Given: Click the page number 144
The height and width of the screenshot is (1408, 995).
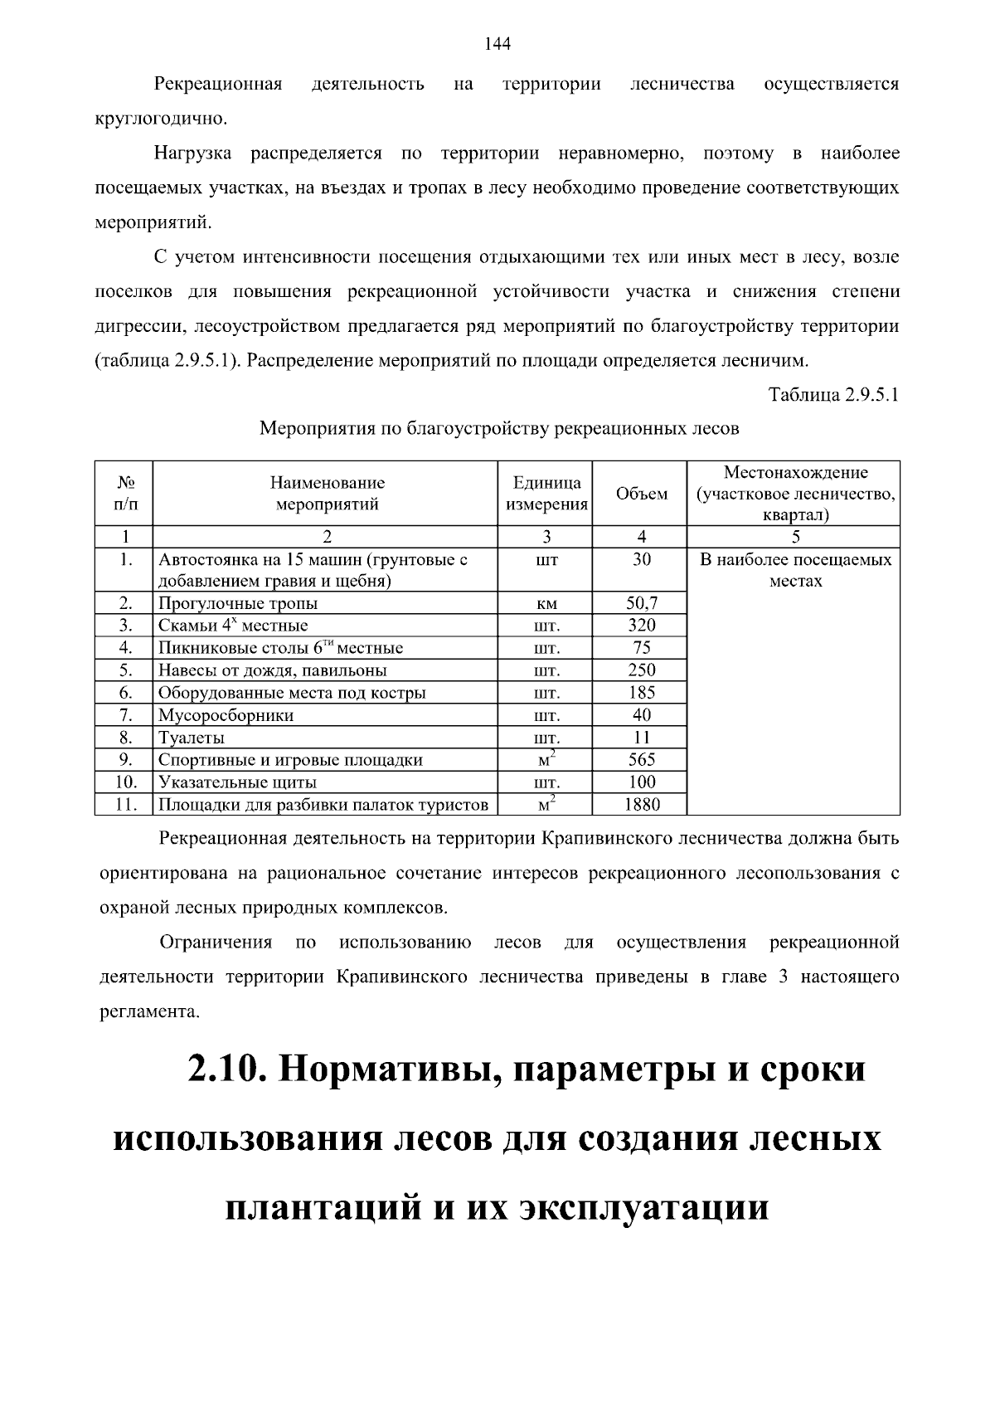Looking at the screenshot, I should tap(497, 45).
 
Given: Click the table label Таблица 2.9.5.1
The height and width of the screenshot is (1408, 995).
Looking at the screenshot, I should tap(833, 395).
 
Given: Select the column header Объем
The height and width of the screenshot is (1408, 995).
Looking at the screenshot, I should tap(641, 494).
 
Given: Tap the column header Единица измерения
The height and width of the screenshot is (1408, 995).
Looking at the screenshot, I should tap(546, 494).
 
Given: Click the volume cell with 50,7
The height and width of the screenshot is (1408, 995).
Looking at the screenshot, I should tap(641, 603).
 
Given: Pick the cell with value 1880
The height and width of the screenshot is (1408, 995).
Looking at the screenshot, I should tap(641, 804).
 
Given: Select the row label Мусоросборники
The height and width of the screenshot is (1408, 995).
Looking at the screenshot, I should tap(226, 715).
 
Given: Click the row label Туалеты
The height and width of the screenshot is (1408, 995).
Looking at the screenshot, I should tap(192, 738).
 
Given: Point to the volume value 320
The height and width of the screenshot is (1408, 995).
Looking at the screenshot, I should tap(641, 626).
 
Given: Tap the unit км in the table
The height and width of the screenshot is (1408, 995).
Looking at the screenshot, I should tap(546, 604).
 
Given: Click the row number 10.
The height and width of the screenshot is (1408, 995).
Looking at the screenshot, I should tap(125, 782).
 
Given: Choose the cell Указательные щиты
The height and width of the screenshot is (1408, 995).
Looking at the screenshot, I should tap(237, 782).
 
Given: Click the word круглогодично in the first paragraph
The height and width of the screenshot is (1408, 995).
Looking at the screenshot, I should tap(160, 119).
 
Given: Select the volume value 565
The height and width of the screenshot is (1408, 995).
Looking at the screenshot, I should tap(641, 760).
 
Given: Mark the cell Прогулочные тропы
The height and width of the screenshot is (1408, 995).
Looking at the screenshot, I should tap(238, 603).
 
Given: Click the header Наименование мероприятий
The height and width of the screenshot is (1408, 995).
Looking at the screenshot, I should tap(327, 494).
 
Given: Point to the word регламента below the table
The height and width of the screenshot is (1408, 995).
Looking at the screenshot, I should tap(148, 1012).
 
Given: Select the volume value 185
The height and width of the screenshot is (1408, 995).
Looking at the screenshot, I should tap(641, 693).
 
